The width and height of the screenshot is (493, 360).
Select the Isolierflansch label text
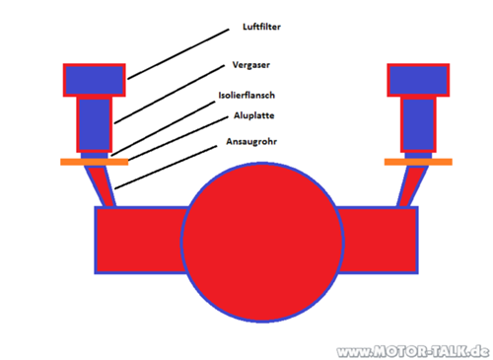(246, 97)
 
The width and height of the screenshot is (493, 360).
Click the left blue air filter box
(95, 79)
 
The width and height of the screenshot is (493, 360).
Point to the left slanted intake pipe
(103, 186)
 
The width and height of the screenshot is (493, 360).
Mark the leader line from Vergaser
(168, 94)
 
